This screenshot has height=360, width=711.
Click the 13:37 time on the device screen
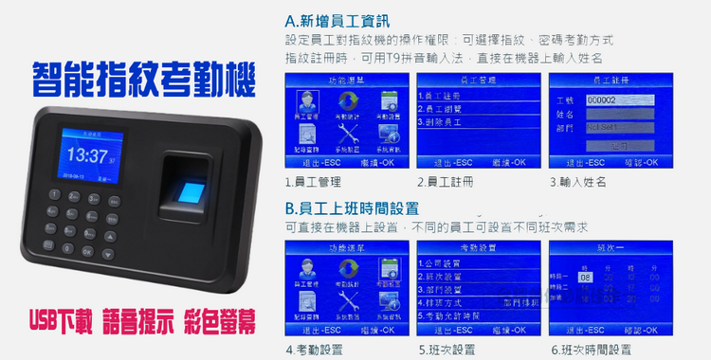pos(88,155)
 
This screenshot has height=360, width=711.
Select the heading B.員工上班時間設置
pos(353,207)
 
